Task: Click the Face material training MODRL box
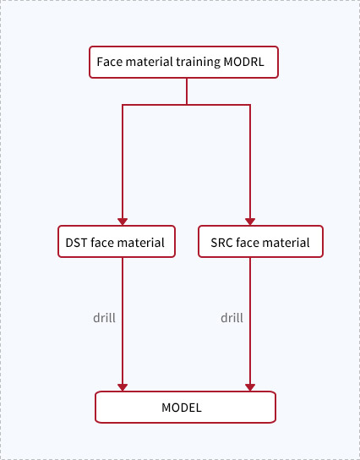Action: pyautogui.click(x=183, y=63)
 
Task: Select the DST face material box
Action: pyautogui.click(x=117, y=242)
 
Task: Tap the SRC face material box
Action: pyautogui.click(x=260, y=242)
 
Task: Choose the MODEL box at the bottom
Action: pyautogui.click(x=185, y=408)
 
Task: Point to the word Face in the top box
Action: pyautogui.click(x=106, y=62)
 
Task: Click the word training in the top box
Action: pyautogui.click(x=199, y=63)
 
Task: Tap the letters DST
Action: pyautogui.click(x=77, y=243)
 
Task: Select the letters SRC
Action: pyautogui.click(x=221, y=243)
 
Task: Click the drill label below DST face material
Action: pyautogui.click(x=104, y=318)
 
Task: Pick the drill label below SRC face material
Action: pyautogui.click(x=232, y=318)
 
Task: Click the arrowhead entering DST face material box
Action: pyautogui.click(x=123, y=222)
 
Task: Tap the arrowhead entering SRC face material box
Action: pyautogui.click(x=250, y=222)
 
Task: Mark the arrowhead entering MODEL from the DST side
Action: pyautogui.click(x=123, y=387)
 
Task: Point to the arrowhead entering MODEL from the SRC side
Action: pyautogui.click(x=250, y=387)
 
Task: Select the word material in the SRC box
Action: pyautogui.click(x=286, y=243)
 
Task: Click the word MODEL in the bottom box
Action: pyautogui.click(x=182, y=408)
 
